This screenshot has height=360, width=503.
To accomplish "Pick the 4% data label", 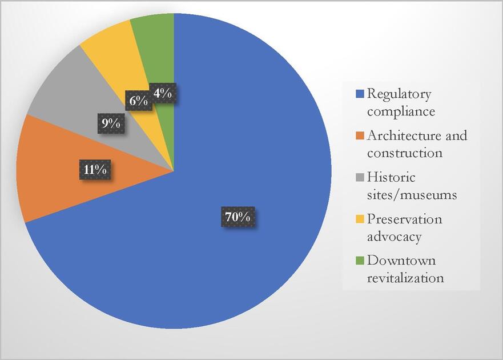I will point(163,93).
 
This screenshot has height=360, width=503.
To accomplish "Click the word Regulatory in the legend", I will point(399,94).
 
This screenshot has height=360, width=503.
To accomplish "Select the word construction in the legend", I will point(404,153).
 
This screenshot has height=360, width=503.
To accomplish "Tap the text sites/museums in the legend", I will point(412,195).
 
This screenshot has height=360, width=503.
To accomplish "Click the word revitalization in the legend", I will point(405,278).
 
